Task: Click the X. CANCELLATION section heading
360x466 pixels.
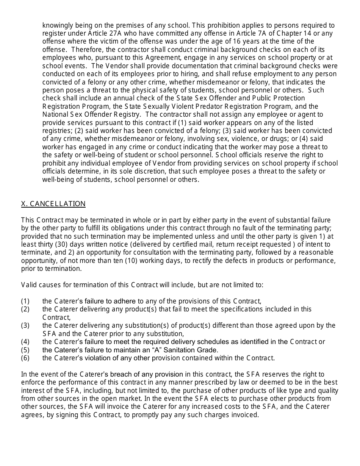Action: (x=53, y=204)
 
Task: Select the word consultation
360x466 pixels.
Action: (x=114, y=252)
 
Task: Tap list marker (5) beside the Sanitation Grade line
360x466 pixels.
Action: (x=25, y=350)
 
